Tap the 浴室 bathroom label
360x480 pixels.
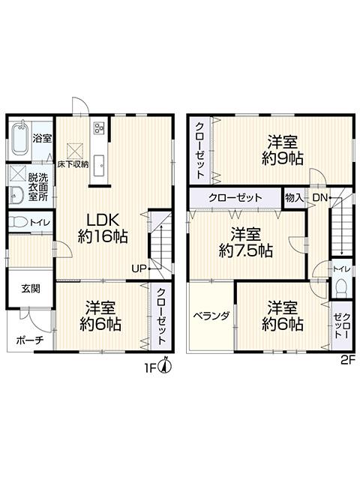click(43, 138)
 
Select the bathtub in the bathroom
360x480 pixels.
click(20, 139)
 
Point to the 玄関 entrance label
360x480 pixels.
click(30, 288)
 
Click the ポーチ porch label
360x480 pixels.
click(29, 340)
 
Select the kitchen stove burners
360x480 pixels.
click(98, 128)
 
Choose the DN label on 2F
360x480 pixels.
click(319, 197)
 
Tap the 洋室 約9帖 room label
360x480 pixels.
click(282, 151)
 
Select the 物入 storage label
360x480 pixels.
click(294, 197)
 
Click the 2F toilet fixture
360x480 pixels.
click(341, 287)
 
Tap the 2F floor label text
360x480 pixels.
click(346, 359)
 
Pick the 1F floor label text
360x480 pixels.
click(151, 367)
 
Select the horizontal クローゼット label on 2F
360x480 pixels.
click(235, 197)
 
